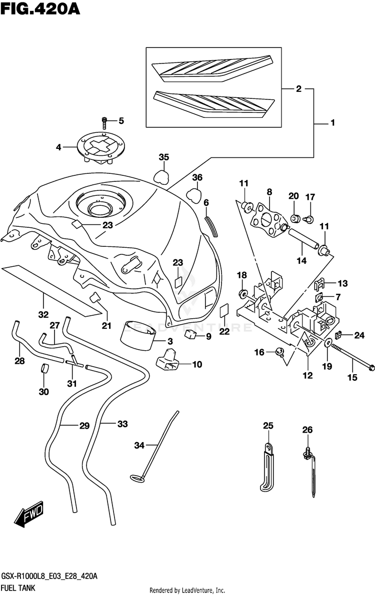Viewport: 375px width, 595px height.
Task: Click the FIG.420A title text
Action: pos(40,8)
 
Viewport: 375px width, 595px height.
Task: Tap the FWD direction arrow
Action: pos(29,514)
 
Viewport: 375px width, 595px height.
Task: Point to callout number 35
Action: pos(164,157)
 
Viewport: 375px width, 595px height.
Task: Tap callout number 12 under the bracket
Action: pos(307,375)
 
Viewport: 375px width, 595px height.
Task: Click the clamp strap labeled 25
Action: pos(266,468)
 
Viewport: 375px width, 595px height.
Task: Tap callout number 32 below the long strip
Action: pos(43,314)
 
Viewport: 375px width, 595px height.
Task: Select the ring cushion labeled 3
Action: pos(138,336)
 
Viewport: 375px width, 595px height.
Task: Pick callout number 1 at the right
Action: pos(332,122)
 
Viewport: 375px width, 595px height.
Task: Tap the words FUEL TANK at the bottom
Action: pos(18,588)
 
